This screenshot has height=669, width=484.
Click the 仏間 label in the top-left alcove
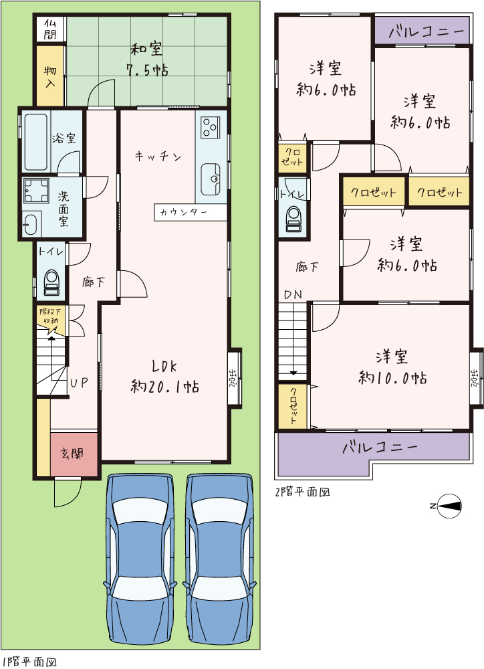[50, 29]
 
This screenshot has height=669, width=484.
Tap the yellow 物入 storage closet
[49, 75]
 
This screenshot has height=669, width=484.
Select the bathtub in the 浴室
[35, 142]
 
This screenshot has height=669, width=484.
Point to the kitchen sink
[211, 179]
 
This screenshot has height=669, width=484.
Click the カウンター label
[183, 212]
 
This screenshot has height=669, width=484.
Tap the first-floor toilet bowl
[52, 282]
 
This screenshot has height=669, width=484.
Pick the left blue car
[140, 560]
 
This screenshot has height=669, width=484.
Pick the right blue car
[221, 560]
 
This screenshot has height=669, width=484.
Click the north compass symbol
[450, 506]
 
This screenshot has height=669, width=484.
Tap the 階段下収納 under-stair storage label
[50, 316]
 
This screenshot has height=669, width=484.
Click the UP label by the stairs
[79, 383]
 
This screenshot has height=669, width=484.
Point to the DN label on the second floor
[293, 294]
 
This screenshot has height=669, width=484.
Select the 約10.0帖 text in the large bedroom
[392, 378]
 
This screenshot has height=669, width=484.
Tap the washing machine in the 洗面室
[37, 190]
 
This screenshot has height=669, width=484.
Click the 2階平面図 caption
[302, 492]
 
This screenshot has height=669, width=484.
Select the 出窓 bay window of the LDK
[234, 377]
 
